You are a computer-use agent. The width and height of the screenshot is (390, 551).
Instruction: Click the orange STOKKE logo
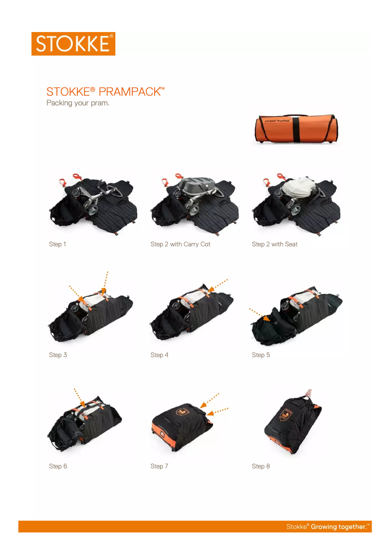coord(73,44)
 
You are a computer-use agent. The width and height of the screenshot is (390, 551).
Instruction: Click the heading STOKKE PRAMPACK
coord(105,91)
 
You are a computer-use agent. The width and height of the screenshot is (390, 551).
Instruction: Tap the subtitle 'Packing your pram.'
coord(77,103)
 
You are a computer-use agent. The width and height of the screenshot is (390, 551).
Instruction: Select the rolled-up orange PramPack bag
coord(296,129)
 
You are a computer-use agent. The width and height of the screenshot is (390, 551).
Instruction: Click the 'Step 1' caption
coord(57,244)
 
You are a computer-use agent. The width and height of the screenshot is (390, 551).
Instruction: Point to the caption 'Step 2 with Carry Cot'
coord(180,244)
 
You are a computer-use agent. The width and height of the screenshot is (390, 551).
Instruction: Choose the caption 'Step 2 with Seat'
coord(275,244)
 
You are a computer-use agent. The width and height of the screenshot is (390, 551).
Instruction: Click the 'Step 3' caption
coord(58,355)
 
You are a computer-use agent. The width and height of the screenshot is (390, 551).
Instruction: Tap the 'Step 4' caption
coord(160,355)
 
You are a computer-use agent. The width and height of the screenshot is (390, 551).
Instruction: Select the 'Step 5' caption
coord(261,355)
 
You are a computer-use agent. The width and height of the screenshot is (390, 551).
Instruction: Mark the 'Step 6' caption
coord(58,466)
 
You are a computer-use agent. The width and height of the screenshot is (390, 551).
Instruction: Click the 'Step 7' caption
coord(160,466)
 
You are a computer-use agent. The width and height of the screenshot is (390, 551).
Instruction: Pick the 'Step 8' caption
coord(261,466)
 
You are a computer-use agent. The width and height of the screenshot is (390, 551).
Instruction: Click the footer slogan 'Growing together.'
coord(340,527)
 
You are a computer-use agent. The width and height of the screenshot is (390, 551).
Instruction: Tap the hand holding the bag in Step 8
coord(308,392)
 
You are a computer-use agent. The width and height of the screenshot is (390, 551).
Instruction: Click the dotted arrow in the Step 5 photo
coord(259,314)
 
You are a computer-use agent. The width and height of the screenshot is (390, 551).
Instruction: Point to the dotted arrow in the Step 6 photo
coord(79,397)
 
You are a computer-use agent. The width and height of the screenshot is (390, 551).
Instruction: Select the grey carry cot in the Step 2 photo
coord(197,185)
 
